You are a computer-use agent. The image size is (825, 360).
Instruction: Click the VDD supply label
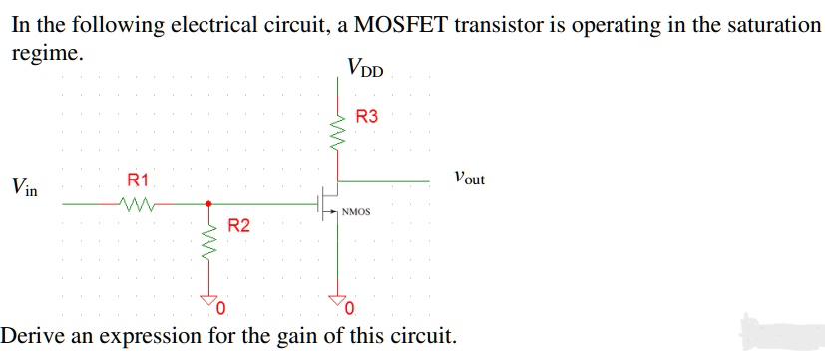(x=371, y=68)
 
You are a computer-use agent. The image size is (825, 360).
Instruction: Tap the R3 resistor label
(x=367, y=117)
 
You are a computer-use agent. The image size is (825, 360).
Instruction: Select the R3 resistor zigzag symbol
(x=341, y=129)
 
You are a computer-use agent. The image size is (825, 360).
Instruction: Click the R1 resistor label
(x=138, y=180)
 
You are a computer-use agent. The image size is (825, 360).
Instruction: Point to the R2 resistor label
(x=239, y=226)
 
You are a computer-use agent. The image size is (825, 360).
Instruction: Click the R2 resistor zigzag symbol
(x=209, y=244)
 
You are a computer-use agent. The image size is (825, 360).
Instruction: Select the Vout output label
(x=468, y=180)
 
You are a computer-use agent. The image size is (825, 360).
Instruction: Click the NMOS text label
(x=356, y=212)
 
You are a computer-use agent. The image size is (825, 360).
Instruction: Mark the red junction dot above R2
(x=208, y=203)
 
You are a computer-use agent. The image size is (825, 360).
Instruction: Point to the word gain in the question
(x=262, y=335)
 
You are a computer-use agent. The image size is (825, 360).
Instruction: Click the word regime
(x=47, y=52)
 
